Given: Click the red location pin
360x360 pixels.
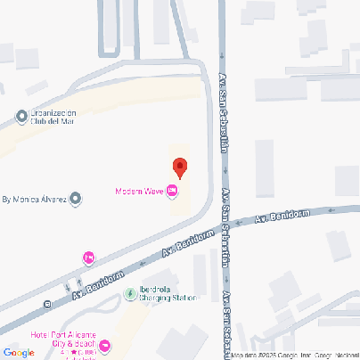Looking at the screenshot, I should click(x=179, y=167).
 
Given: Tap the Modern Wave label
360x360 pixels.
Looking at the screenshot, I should click(x=140, y=192).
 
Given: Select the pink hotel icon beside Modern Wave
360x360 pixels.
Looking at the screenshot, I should click(x=172, y=192).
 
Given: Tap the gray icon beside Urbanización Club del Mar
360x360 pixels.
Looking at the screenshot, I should click(x=21, y=117).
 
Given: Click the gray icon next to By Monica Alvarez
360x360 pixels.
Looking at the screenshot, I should click(x=76, y=200).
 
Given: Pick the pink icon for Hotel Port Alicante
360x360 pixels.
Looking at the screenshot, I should click(x=105, y=345).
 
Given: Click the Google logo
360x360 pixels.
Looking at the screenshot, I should click(x=20, y=353).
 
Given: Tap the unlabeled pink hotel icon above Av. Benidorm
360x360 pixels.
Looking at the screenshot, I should click(x=88, y=258).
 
